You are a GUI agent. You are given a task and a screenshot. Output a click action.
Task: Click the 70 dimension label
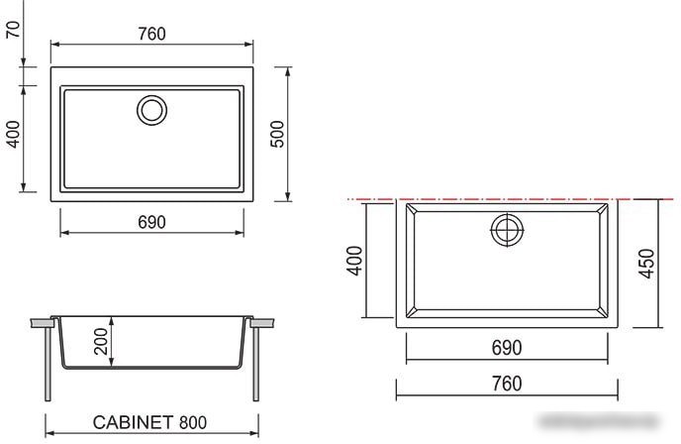click(x=14, y=29)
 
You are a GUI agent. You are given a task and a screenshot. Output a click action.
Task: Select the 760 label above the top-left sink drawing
click(x=152, y=34)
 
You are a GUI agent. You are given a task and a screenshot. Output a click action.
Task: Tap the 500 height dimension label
click(x=277, y=135)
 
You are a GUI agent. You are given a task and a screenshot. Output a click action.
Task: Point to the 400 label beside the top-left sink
click(x=14, y=135)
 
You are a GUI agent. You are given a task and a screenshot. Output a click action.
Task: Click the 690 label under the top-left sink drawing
click(x=152, y=222)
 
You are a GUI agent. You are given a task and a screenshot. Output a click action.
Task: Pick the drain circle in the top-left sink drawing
click(x=152, y=97)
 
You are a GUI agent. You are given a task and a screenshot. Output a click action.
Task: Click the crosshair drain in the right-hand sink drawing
click(x=507, y=230)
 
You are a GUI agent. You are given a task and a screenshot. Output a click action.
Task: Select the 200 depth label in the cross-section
click(x=101, y=341)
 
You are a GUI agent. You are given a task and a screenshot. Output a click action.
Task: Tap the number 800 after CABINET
click(x=193, y=422)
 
